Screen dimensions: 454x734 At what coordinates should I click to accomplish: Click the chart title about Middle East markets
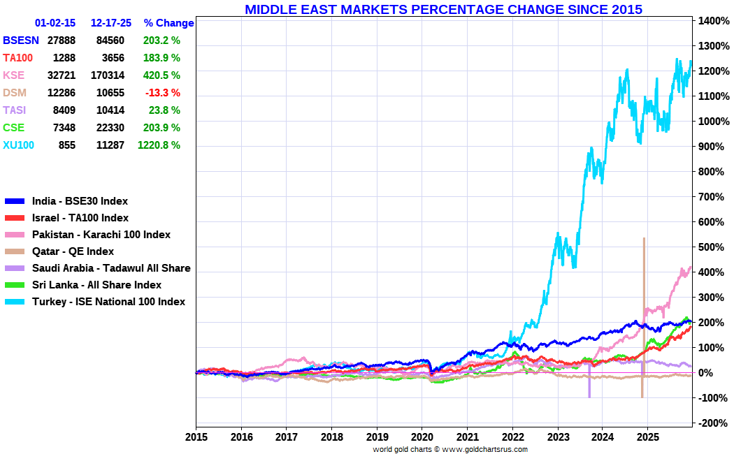pos(443,9)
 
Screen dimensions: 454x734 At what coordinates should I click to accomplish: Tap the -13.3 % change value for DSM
pos(161,93)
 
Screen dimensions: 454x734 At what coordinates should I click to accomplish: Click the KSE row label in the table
pos(13,75)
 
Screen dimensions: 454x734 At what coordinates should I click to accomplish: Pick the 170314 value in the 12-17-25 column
pos(108,75)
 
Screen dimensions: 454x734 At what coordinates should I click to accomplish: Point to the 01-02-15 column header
pos(55,23)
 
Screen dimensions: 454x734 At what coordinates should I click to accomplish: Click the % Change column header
pos(168,23)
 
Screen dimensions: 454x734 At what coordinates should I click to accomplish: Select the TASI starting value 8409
pos(62,110)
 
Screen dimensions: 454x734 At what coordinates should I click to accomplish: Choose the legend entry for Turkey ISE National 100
pos(108,302)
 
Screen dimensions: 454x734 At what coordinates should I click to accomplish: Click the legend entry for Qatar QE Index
pos(73,251)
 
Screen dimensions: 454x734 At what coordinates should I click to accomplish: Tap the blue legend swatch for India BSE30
pos(15,201)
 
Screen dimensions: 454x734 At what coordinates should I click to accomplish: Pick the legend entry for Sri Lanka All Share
pos(96,285)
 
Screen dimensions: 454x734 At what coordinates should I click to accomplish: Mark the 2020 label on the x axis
pos(422,437)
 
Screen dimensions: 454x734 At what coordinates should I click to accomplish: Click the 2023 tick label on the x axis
pos(558,437)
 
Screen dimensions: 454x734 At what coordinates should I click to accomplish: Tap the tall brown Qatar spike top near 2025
pos(643,240)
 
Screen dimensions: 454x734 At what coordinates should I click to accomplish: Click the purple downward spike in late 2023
pos(589,391)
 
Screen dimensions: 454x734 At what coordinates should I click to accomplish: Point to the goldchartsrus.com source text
pos(450,449)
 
